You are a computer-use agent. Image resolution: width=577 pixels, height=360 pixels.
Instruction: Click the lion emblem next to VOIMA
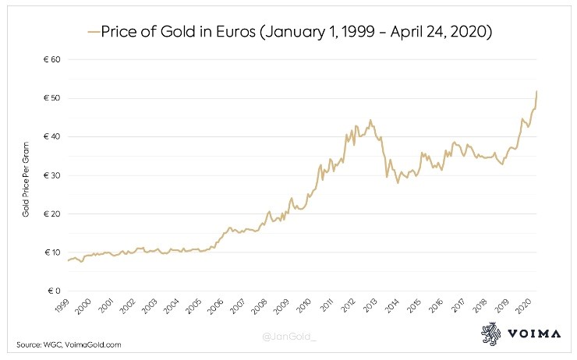491,332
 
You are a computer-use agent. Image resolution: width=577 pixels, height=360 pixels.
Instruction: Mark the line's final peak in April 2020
537,91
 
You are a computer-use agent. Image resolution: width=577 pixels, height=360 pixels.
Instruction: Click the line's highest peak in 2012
370,120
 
